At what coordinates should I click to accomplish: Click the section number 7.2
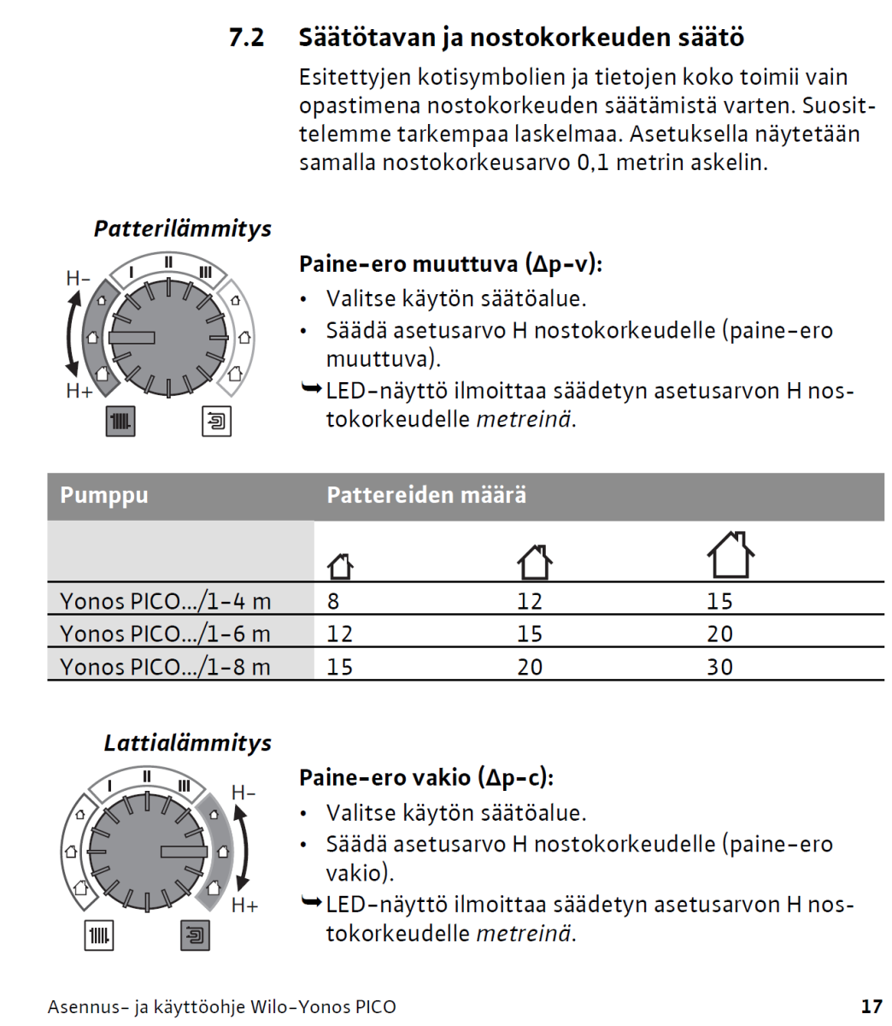click(x=246, y=38)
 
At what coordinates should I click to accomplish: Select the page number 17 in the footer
click(x=871, y=1006)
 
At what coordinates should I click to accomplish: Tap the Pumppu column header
click(x=104, y=496)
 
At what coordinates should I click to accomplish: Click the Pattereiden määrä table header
click(x=425, y=496)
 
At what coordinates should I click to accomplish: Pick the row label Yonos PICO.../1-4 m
click(x=165, y=601)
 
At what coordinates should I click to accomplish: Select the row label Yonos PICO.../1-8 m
click(x=165, y=667)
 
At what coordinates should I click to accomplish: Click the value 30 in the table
click(x=719, y=667)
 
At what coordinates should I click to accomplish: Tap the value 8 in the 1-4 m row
click(x=333, y=601)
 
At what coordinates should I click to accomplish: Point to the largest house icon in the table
click(x=731, y=556)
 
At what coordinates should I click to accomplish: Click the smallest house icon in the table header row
click(x=340, y=565)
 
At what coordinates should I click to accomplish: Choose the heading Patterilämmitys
click(x=182, y=229)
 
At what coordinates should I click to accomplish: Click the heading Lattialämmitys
click(x=187, y=743)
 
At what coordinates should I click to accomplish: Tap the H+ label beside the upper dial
click(x=79, y=392)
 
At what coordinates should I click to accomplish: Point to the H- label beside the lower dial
click(x=244, y=793)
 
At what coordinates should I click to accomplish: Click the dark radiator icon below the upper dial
click(x=120, y=422)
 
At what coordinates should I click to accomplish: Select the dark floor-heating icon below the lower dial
click(x=196, y=935)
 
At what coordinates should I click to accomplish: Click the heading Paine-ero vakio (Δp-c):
click(x=425, y=778)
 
